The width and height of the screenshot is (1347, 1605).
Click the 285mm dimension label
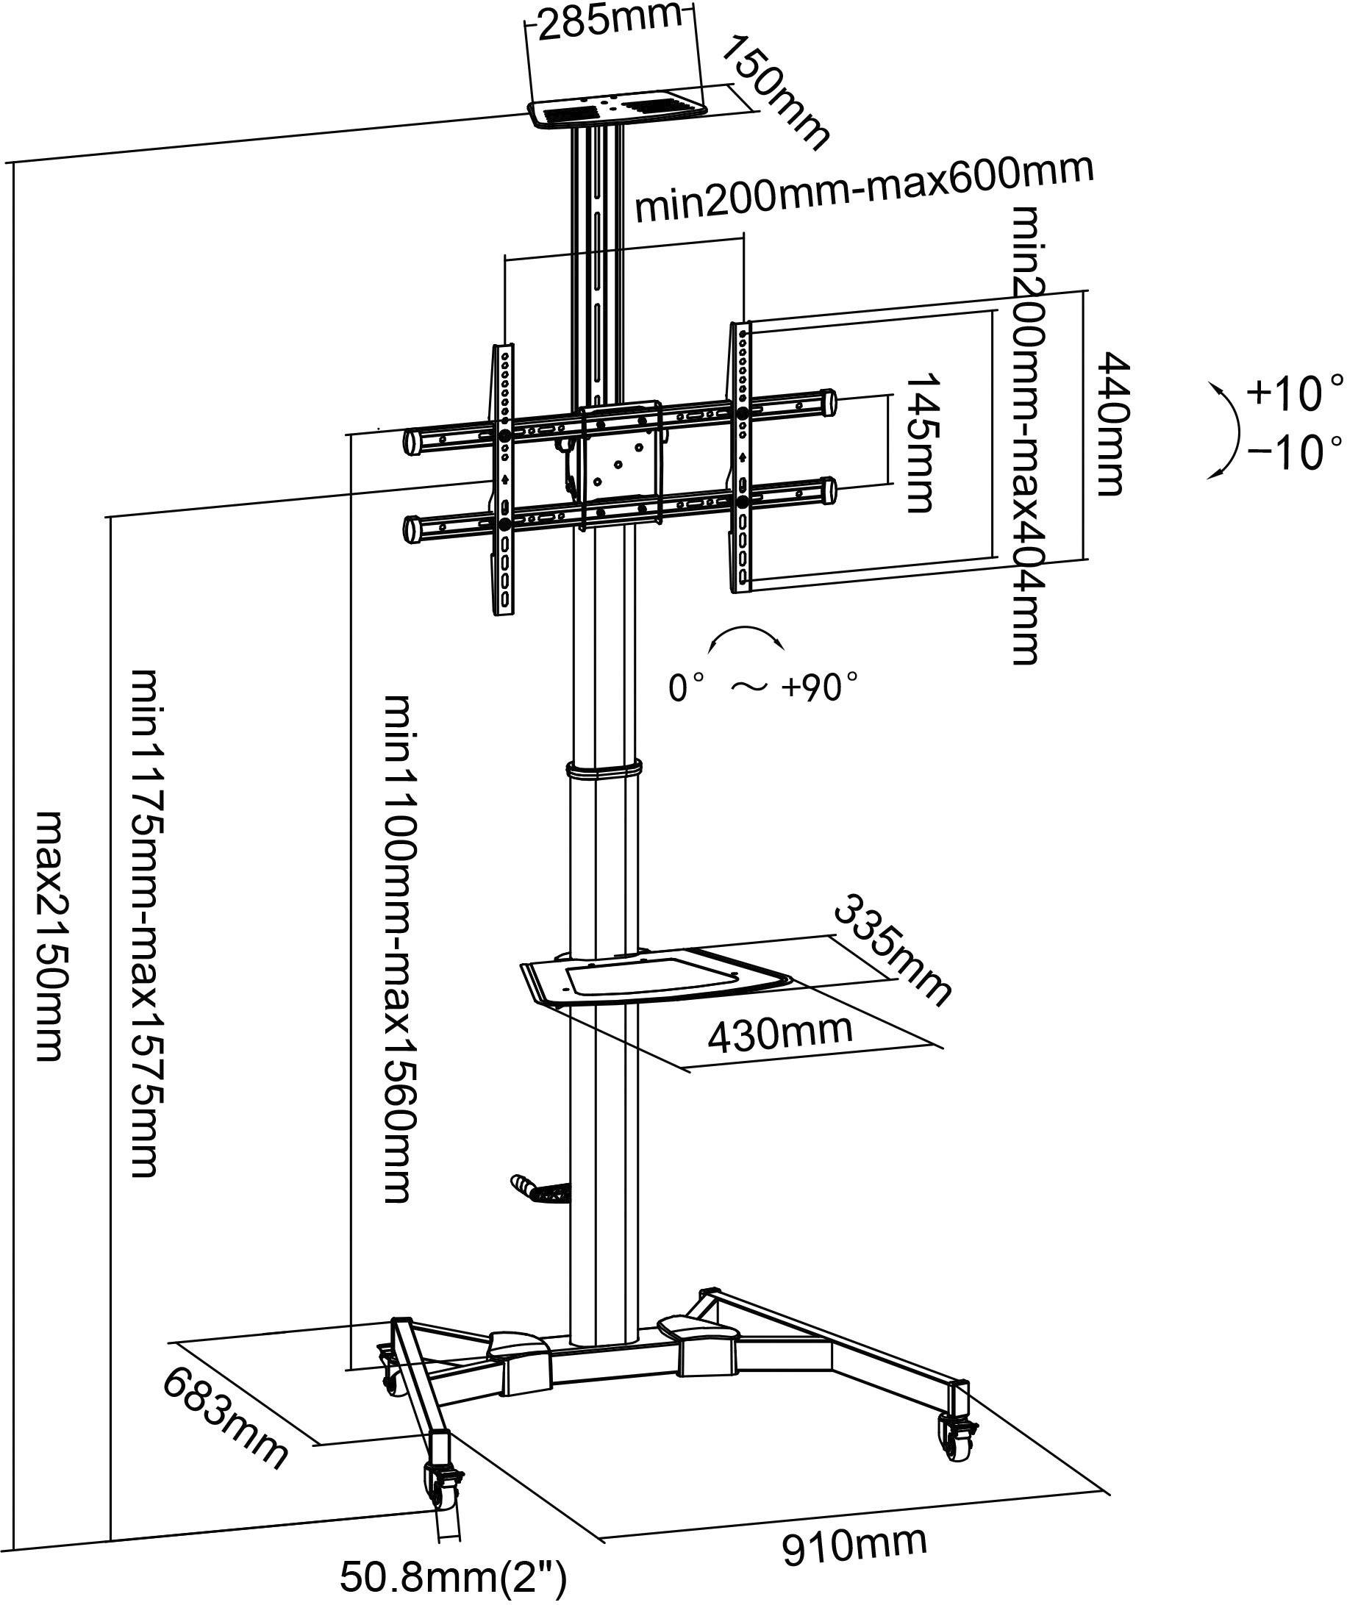pos(610,23)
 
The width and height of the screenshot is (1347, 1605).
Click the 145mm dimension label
pos(922,443)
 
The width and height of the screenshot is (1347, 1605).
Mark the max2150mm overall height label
pos(51,936)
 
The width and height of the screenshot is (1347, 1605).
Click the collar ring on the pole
pos(604,768)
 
